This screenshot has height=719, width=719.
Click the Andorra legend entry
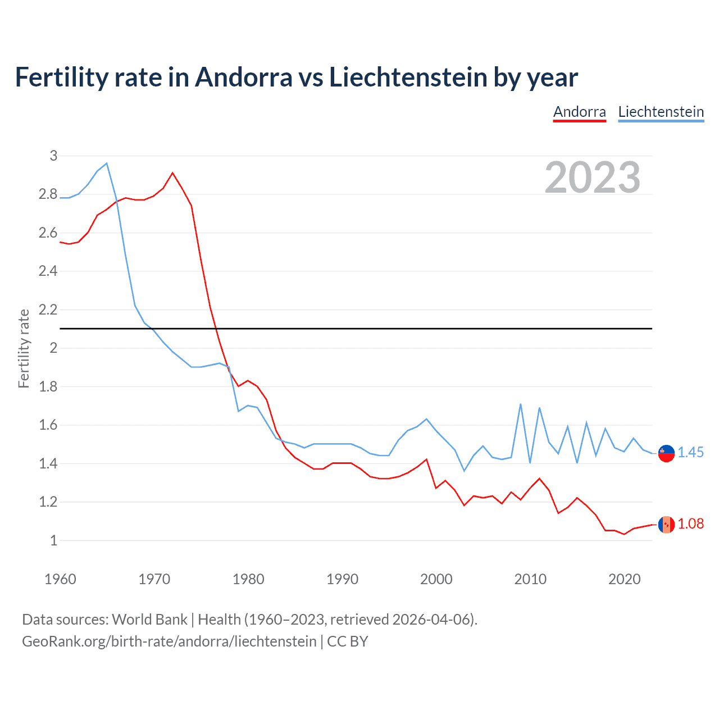(x=579, y=112)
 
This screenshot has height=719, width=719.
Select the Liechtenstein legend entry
(x=661, y=112)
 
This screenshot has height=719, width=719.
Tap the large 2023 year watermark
(x=593, y=178)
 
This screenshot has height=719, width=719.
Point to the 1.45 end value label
(x=690, y=452)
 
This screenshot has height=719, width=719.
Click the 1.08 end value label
(x=690, y=524)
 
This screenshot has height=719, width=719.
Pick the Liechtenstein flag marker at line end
(x=666, y=453)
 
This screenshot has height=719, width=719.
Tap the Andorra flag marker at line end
(x=666, y=524)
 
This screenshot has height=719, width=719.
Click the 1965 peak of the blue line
(x=107, y=163)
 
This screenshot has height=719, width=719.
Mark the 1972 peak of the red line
(x=172, y=173)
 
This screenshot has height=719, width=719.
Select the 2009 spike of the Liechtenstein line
(x=521, y=404)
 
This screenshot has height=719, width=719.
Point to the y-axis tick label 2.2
(x=48, y=310)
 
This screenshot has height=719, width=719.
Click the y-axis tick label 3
(x=53, y=156)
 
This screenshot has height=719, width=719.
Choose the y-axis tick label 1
(x=53, y=540)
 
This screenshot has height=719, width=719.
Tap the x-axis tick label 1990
(x=342, y=579)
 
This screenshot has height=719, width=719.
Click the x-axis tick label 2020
(x=624, y=579)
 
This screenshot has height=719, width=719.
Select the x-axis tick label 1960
(x=60, y=579)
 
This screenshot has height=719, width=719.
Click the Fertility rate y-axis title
(x=24, y=348)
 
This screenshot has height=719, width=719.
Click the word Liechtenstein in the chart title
(x=408, y=77)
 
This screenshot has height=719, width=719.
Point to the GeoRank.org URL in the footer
(x=169, y=641)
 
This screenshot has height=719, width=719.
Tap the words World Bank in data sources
(x=149, y=620)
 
